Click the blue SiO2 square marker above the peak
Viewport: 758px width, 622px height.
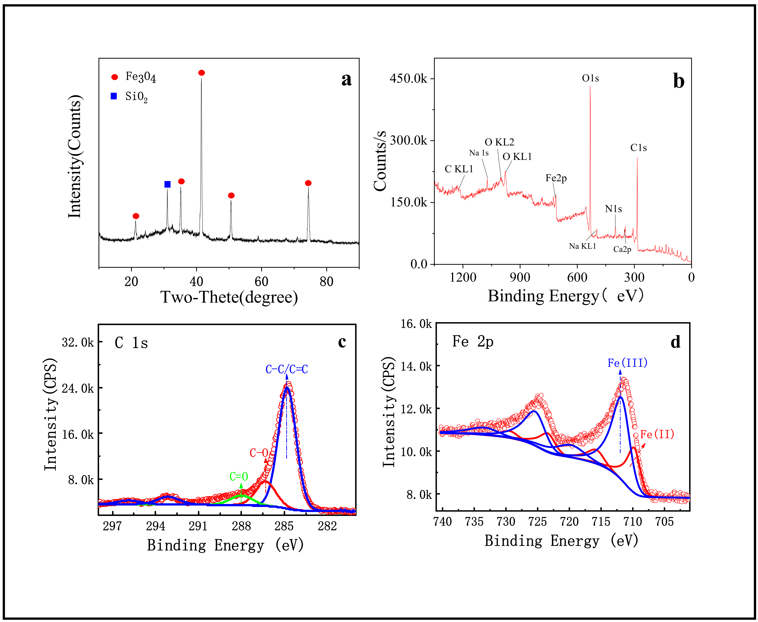pyautogui.click(x=167, y=184)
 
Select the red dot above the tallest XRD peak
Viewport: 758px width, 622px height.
pyautogui.click(x=201, y=73)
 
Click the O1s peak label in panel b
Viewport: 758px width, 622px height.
pyautogui.click(x=590, y=78)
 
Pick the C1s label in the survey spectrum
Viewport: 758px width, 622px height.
pyautogui.click(x=638, y=148)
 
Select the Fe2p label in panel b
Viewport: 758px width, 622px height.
pyautogui.click(x=556, y=178)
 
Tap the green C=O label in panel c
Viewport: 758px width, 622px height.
pyautogui.click(x=239, y=477)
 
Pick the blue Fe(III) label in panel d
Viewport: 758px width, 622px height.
pyautogui.click(x=627, y=363)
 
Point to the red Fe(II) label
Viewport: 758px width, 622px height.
pyautogui.click(x=657, y=434)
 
